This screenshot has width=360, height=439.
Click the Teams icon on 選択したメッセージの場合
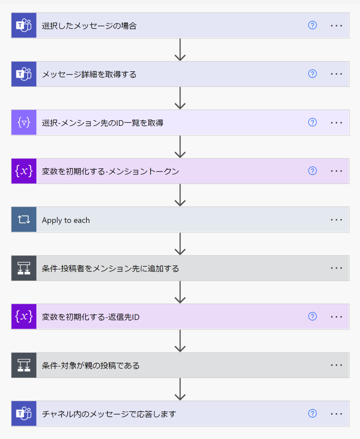(24, 25)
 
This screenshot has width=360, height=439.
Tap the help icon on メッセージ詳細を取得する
(312, 74)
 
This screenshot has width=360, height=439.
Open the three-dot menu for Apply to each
(336, 219)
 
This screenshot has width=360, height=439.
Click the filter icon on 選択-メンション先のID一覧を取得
(24, 123)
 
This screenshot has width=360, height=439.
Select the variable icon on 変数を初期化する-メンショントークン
(24, 171)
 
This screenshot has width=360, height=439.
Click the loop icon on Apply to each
(24, 219)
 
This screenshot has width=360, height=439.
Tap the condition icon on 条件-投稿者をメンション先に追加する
(24, 268)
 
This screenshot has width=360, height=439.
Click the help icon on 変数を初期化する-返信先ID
(312, 316)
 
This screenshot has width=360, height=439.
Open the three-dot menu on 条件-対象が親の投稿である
(336, 365)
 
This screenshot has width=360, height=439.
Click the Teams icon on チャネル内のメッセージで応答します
(24, 414)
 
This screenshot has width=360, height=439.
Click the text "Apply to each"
(66, 220)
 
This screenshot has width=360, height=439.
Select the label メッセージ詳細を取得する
(89, 75)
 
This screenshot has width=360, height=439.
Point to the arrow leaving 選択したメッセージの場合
(180, 50)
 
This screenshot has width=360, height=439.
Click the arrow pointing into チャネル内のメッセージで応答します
(180, 390)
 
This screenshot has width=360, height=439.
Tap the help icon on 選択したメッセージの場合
(312, 25)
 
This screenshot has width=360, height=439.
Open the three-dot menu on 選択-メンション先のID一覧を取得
(336, 123)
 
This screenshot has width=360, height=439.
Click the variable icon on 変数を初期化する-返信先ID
(24, 316)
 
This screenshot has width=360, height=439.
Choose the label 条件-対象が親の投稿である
(91, 365)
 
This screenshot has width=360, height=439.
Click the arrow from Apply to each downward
(180, 244)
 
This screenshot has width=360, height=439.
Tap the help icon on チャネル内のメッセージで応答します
(312, 413)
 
